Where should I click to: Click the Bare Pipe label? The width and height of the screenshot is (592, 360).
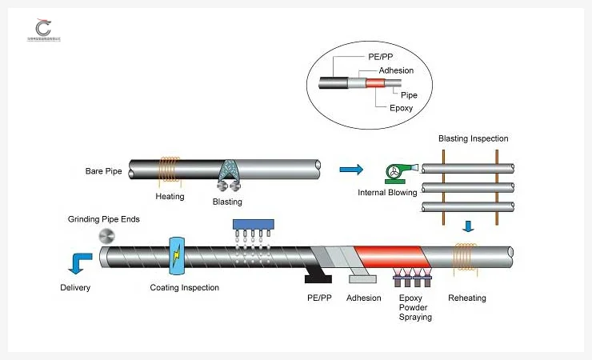[x=103, y=170]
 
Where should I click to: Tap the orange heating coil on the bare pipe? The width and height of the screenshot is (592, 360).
[x=169, y=169]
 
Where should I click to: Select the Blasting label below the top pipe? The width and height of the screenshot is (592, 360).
[x=227, y=202]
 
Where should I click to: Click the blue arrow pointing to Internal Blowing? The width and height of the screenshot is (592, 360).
[x=350, y=169]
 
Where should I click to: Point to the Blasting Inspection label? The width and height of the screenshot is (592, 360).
[x=473, y=138]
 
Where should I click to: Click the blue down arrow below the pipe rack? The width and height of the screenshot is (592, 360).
[x=469, y=226]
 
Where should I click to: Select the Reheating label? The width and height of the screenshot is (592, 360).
[x=466, y=298]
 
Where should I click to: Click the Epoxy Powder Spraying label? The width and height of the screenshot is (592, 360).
[x=415, y=307]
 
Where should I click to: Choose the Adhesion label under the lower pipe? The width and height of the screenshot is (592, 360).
[x=363, y=298]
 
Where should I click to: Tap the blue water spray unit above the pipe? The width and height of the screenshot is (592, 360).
[x=253, y=225]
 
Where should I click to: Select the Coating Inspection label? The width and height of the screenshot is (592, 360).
[x=184, y=288]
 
